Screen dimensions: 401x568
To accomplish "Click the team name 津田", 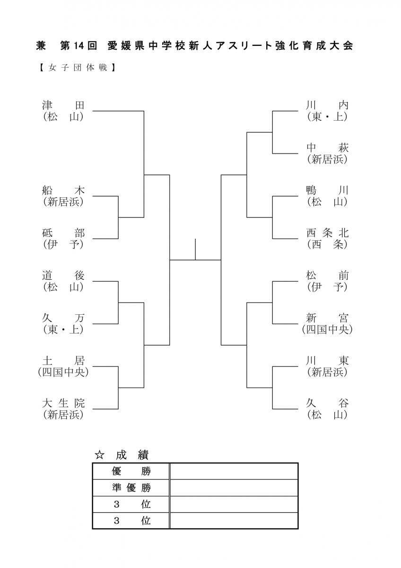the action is (63, 105).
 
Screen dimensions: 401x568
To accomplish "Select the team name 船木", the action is (63, 190).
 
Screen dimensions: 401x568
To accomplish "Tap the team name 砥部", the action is (63, 233).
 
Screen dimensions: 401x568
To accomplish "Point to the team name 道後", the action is (63, 275).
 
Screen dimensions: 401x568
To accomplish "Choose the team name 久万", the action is (63, 318).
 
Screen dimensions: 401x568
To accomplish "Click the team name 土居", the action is (63, 361).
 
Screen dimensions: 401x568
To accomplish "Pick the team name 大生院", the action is (63, 403).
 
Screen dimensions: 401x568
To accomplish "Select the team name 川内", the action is (327, 105).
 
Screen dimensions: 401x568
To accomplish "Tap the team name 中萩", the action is (327, 148).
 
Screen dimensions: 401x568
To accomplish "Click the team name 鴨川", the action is (327, 190).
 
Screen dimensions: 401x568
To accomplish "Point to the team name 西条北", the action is (327, 233).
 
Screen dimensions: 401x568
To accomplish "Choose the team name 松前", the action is (327, 275).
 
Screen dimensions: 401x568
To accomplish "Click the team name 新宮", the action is (327, 318).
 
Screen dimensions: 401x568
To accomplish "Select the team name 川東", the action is (327, 361).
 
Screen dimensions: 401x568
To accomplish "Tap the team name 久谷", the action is (327, 403).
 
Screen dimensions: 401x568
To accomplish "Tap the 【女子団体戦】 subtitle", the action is (78, 68).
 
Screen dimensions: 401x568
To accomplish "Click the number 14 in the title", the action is (79, 46).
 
